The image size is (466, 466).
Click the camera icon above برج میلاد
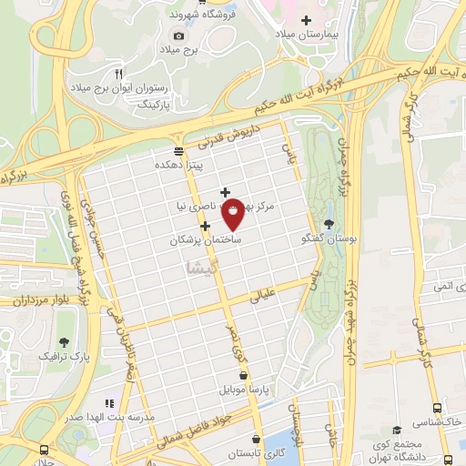pos(178,35)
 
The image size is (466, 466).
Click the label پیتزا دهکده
pos(178,165)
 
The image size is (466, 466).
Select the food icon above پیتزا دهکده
pos(178,151)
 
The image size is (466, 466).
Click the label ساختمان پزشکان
pos(205,241)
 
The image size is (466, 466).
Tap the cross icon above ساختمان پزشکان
pos(206,227)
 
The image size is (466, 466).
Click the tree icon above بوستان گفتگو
pos(328,224)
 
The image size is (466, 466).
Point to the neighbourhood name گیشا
pos(201,267)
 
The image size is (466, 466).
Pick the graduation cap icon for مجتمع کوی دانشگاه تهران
pos(396,431)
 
